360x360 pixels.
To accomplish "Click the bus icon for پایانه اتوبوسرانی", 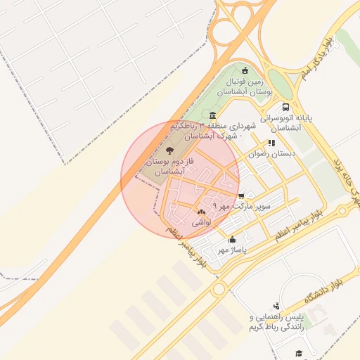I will coord(285,108).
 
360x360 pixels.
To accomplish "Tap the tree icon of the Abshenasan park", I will coord(169,150).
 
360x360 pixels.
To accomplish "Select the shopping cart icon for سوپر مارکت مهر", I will coord(242,196).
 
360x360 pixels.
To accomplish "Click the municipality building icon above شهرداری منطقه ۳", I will coord(212,115).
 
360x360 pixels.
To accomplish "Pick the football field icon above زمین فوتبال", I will coord(245,70).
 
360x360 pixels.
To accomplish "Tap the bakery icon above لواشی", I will coord(201,212).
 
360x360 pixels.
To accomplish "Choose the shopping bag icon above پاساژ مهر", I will coord(233,240).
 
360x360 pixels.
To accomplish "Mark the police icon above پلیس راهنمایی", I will coord(276,306).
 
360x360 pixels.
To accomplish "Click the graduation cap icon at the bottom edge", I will coord(298,353).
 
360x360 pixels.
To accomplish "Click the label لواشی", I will coord(201,221).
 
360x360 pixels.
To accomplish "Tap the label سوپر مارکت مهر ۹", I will coord(240,207).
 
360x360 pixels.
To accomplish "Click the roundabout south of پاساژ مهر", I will coord(219,289).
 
